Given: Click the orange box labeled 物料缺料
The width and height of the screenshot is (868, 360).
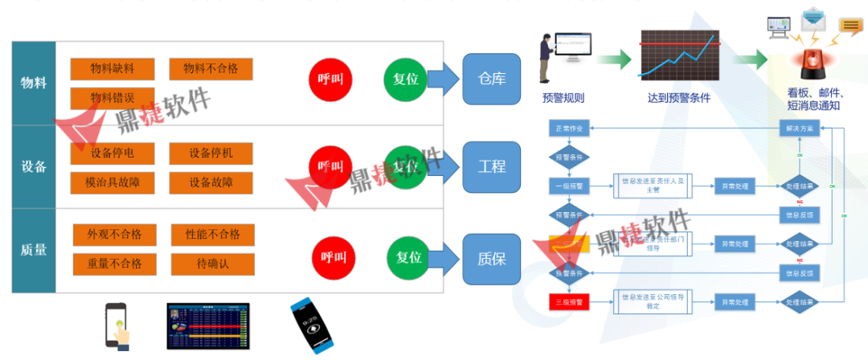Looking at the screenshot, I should tap(112, 69).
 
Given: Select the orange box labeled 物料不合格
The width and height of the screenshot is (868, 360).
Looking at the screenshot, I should tap(211, 69).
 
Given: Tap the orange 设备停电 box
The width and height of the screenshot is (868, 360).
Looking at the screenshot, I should tap(112, 153).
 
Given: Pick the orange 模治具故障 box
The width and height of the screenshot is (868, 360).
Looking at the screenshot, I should tap(112, 182).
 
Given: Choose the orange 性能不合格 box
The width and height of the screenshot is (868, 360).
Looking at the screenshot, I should tap(212, 235).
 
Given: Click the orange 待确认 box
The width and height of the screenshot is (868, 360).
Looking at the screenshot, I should tap(212, 263).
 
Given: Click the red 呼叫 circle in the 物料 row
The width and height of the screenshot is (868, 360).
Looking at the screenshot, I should tap(330, 79).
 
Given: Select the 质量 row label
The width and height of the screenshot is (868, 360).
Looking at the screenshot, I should tap(33, 250).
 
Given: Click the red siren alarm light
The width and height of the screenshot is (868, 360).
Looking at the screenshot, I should tap(807, 63).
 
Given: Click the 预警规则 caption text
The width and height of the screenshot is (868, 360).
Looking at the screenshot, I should tap(563, 98).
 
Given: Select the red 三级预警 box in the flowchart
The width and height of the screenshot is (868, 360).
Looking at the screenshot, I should tap(570, 302).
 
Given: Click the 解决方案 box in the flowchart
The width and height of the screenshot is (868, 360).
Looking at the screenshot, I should tap(799, 128).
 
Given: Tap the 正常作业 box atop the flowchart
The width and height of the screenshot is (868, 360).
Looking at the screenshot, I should tap(570, 128).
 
